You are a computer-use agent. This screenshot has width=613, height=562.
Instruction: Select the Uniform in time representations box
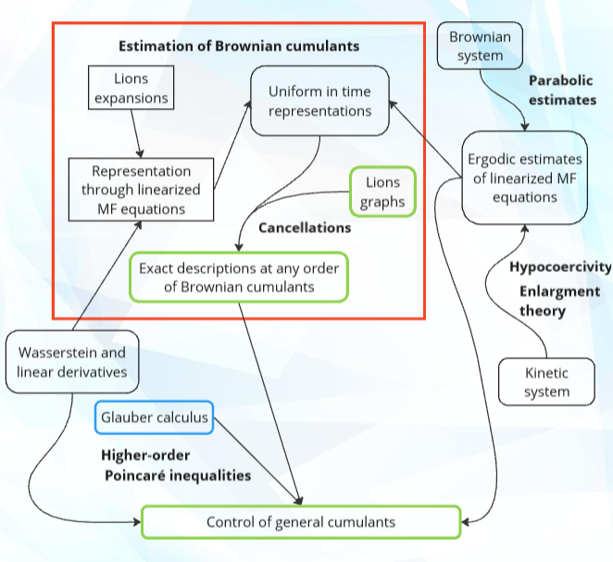click(x=319, y=101)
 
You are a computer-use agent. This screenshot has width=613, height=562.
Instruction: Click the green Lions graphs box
click(x=382, y=192)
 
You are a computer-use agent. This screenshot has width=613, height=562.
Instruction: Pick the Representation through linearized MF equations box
click(x=142, y=190)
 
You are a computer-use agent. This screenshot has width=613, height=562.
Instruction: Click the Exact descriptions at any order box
click(x=239, y=277)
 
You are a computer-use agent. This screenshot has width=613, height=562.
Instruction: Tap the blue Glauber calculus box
click(x=155, y=418)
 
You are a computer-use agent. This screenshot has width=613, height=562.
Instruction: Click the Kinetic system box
click(x=545, y=382)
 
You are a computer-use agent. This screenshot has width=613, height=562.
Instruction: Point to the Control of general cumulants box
click(x=301, y=522)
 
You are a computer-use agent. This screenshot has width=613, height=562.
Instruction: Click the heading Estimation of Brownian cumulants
click(x=239, y=45)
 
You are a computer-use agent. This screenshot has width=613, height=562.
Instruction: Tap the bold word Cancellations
click(x=305, y=227)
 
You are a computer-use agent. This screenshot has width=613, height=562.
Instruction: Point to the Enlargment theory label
click(x=558, y=301)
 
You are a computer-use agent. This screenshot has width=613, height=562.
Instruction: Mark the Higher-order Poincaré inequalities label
click(x=176, y=466)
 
